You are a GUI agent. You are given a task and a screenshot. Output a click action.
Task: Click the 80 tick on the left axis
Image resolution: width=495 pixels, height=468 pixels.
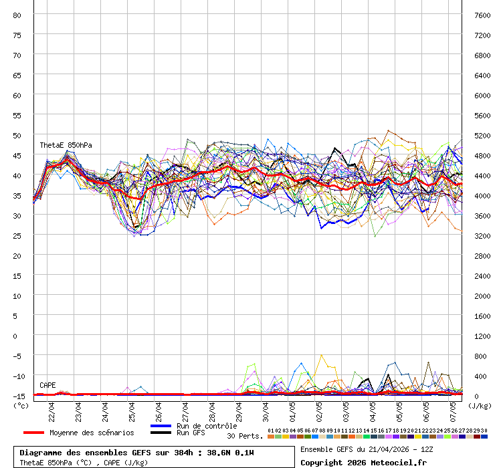click(x=17, y=15)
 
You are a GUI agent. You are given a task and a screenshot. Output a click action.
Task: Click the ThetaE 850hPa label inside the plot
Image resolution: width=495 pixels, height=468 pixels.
click(x=66, y=145)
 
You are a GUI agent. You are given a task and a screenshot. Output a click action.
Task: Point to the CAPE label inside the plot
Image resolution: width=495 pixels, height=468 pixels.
click(x=47, y=385)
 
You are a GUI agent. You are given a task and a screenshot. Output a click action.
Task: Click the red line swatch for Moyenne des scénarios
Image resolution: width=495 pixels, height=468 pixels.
click(x=34, y=433)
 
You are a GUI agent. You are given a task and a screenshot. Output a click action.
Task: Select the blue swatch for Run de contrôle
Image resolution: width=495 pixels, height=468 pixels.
click(x=161, y=426)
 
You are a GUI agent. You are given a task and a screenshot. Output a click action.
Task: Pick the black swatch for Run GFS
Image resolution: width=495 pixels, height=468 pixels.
click(x=161, y=433)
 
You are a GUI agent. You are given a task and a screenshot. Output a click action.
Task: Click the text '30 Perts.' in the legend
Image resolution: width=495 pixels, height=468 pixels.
click(x=245, y=436)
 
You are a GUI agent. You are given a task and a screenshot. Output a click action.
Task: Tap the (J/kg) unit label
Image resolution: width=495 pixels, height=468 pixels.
click(x=479, y=405)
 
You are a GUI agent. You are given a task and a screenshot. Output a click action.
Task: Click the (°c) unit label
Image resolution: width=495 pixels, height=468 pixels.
click(x=21, y=405)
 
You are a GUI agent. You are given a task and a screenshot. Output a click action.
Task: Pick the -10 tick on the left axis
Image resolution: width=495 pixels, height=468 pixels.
click(x=17, y=376)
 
